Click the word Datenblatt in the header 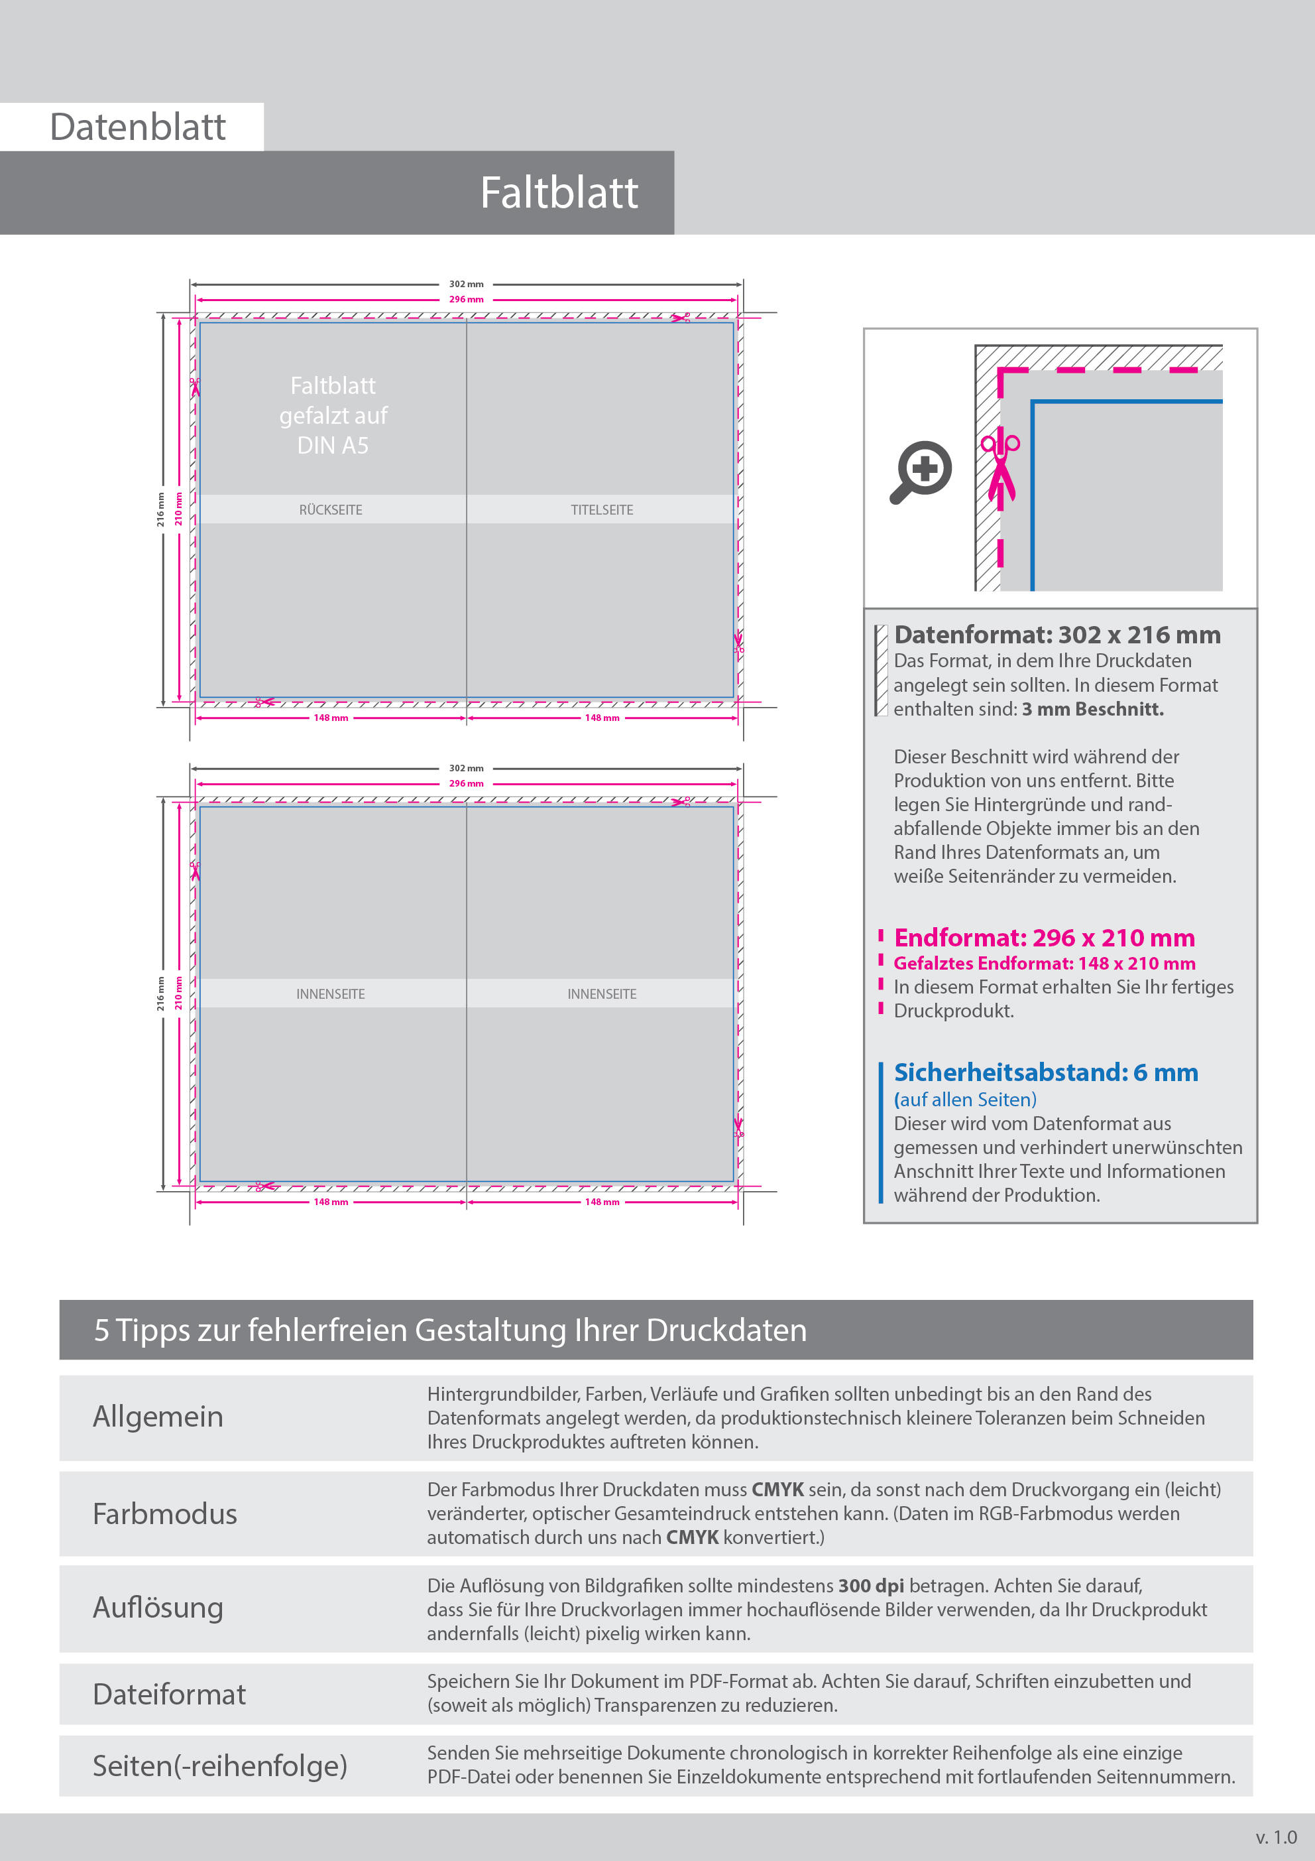coord(138,127)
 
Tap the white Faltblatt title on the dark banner coord(558,193)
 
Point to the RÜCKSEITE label coord(331,510)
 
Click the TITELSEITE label coord(601,510)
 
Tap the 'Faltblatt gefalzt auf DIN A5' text coord(333,415)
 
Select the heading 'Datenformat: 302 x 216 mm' coord(1057,635)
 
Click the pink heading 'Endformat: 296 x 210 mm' coord(1043,938)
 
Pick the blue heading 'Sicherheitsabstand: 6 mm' coord(1045,1072)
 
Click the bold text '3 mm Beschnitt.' coord(1092,709)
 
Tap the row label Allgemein coord(158,1417)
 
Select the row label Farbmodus coord(165,1514)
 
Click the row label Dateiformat coord(169,1695)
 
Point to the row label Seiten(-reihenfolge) coord(219,1765)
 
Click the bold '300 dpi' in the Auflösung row coord(870,1585)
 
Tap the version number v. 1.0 coord(1275,1836)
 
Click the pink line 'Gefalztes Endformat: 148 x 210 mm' coord(1043,963)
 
